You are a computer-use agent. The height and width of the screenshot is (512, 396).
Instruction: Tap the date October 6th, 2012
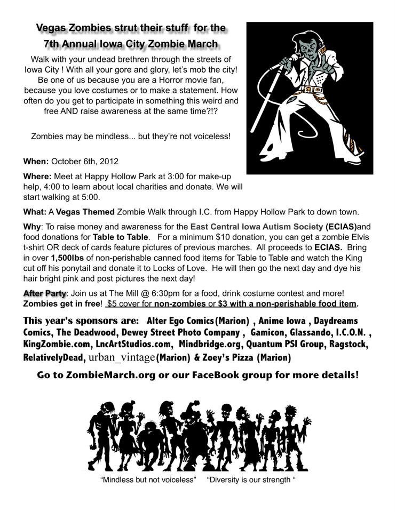point(84,161)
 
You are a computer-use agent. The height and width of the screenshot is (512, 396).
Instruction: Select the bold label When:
point(36,161)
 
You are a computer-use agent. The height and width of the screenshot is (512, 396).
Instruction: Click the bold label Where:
point(38,176)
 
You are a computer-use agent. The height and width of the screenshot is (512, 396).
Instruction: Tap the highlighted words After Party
point(44,293)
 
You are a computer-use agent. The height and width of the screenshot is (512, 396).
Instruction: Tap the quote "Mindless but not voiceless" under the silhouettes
point(148,479)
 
